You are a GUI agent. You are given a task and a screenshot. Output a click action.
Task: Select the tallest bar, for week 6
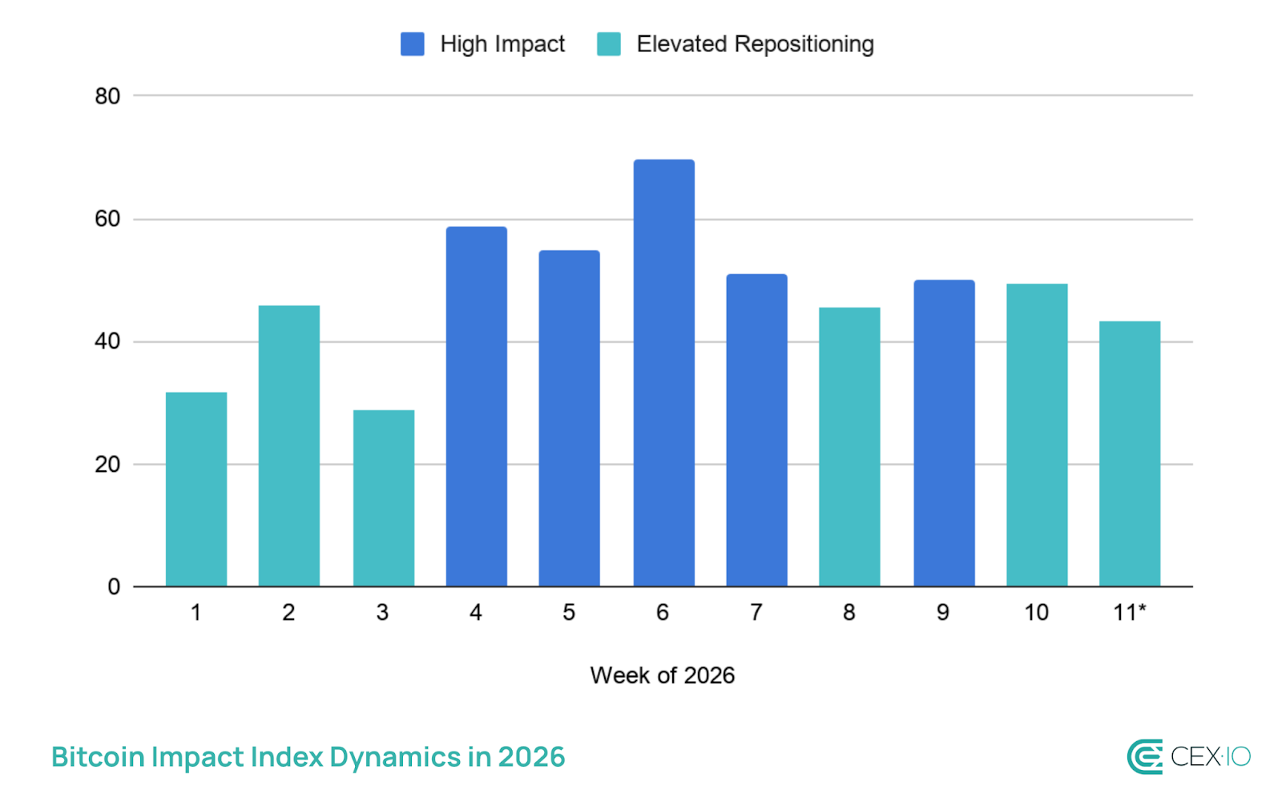click(x=663, y=373)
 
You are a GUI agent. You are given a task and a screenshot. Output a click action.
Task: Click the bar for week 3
click(x=383, y=498)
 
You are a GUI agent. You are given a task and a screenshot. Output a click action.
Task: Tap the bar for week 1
click(x=196, y=489)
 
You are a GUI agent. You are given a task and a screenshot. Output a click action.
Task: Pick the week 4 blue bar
click(x=476, y=406)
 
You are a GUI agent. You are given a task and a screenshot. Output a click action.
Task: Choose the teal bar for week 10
click(x=1036, y=434)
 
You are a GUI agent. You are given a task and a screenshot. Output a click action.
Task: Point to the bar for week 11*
click(x=1129, y=453)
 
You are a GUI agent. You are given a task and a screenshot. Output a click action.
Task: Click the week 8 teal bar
click(x=849, y=446)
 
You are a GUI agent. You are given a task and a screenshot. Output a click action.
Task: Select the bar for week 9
click(x=944, y=433)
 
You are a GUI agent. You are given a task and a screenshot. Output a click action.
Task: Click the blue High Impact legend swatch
click(x=412, y=44)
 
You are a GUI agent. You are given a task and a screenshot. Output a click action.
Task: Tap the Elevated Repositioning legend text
click(x=755, y=44)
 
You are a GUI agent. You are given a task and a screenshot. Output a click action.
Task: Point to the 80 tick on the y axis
click(x=107, y=96)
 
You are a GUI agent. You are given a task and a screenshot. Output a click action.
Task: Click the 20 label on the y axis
click(x=107, y=465)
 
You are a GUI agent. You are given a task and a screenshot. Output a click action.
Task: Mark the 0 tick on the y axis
click(x=114, y=587)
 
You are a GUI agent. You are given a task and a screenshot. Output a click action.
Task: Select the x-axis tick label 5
click(x=569, y=613)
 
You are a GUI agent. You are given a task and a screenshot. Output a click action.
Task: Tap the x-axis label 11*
click(x=1129, y=613)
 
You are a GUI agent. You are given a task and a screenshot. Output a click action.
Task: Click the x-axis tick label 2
click(x=288, y=613)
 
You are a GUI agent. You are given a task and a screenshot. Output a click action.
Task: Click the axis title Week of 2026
click(x=662, y=675)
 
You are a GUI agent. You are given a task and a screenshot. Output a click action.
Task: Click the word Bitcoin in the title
click(x=98, y=757)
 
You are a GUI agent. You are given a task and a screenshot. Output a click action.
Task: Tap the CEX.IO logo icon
click(x=1144, y=757)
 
